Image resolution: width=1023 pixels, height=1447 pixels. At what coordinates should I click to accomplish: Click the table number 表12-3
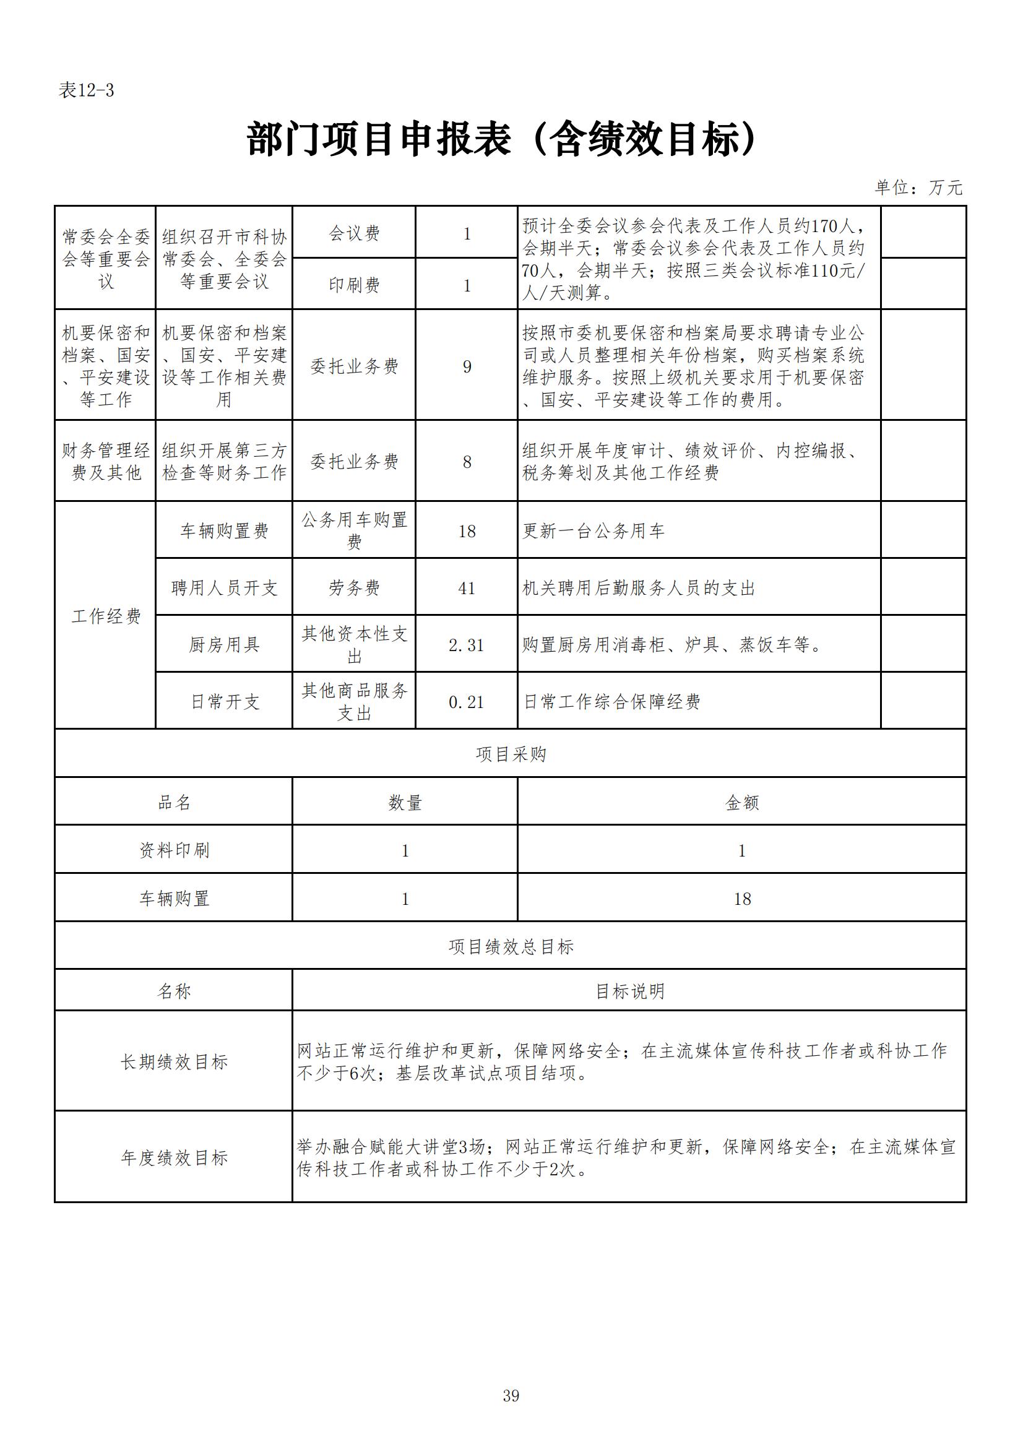tap(87, 91)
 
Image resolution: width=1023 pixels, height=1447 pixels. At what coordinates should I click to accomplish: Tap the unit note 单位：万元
tap(918, 188)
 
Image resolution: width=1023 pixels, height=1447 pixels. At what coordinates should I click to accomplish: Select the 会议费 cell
tap(354, 234)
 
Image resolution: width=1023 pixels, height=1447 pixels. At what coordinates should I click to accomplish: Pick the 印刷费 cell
tap(354, 285)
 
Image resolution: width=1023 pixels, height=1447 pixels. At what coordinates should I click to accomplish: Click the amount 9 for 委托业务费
tap(467, 367)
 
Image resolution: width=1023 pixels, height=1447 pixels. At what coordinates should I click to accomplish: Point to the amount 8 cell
tap(467, 462)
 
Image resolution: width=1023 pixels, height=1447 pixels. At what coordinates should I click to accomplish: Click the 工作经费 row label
tap(106, 616)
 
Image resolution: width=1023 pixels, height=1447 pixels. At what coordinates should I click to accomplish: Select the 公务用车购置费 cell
tap(354, 530)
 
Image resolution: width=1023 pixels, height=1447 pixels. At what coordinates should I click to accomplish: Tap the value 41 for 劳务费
tap(467, 588)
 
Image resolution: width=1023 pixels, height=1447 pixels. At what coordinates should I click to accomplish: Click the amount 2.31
tap(467, 646)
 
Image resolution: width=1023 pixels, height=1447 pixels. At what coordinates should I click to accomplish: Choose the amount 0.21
tap(467, 702)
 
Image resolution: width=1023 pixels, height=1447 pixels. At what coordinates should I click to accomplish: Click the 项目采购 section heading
tap(511, 754)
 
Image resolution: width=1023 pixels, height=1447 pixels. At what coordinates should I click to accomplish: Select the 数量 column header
tap(405, 802)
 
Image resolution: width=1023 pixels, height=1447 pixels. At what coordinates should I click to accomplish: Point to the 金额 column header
tap(742, 802)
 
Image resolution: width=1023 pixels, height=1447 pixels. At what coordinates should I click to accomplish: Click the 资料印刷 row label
tap(174, 850)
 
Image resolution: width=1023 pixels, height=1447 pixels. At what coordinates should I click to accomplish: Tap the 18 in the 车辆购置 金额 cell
tap(742, 899)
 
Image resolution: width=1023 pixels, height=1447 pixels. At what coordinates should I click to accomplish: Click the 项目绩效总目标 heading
tap(511, 946)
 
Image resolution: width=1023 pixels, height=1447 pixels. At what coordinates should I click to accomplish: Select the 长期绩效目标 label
tap(174, 1062)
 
